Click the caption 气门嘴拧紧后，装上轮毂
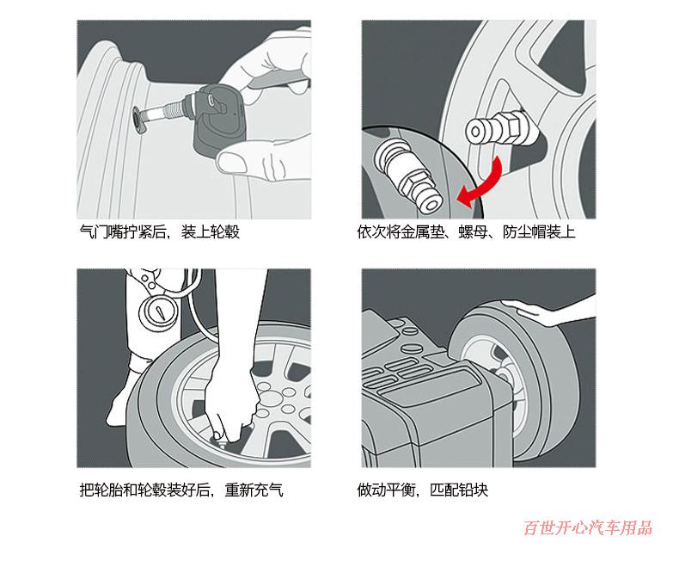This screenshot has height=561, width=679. click(x=158, y=232)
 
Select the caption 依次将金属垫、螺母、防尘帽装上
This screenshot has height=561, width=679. click(x=466, y=232)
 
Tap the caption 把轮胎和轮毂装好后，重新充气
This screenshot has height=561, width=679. click(x=180, y=490)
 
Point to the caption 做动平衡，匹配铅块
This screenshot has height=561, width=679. click(x=423, y=490)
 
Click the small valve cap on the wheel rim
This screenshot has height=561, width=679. click(x=488, y=132)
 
